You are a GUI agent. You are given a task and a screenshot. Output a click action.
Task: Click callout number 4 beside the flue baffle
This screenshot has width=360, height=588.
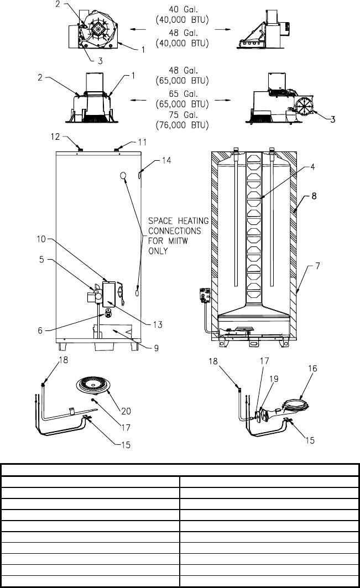(x=312, y=167)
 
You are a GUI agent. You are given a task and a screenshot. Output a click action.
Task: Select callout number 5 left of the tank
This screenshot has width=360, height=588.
(x=41, y=259)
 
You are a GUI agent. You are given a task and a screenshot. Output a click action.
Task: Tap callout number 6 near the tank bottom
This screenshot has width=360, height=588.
(x=40, y=330)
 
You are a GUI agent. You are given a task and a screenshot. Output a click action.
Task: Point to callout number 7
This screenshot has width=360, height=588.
(x=317, y=266)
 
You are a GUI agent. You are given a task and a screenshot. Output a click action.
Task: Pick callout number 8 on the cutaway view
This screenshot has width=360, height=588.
(x=314, y=196)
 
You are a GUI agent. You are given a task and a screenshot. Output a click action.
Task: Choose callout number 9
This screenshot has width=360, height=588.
(x=156, y=348)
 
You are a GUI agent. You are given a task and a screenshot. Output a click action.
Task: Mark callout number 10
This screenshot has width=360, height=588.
(x=41, y=239)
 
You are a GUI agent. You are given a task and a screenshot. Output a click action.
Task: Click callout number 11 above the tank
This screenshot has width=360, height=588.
(x=142, y=142)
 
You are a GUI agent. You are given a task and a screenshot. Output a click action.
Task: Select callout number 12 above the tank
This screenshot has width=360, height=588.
(x=55, y=137)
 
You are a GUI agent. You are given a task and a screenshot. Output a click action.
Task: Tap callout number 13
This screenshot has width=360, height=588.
(x=158, y=324)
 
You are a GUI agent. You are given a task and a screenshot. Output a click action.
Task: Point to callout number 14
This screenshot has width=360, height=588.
(x=166, y=160)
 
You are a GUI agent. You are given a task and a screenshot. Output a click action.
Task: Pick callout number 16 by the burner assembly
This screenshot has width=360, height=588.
(x=312, y=369)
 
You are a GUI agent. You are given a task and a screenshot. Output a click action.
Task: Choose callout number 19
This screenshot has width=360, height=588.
(x=274, y=379)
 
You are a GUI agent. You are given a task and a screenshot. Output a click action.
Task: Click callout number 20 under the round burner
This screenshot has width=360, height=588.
(x=126, y=411)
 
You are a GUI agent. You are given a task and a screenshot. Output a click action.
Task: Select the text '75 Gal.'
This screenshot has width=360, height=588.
(x=183, y=115)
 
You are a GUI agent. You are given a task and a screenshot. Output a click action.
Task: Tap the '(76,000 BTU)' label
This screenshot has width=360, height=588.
(x=182, y=125)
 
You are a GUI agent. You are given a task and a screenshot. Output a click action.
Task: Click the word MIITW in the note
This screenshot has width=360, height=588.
(x=178, y=241)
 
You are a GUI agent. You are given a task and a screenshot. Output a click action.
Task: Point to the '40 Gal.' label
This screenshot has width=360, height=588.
(x=183, y=9)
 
